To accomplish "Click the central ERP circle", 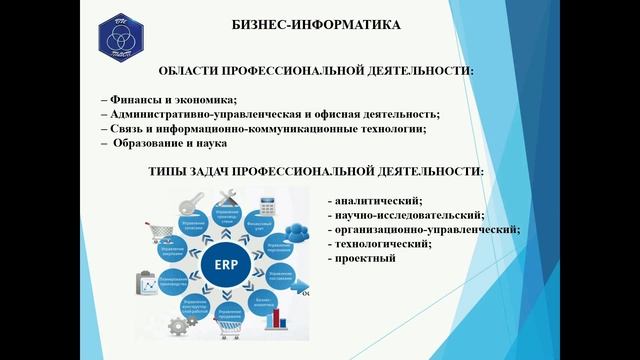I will point(226,266).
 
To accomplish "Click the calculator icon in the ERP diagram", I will point(268,206).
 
